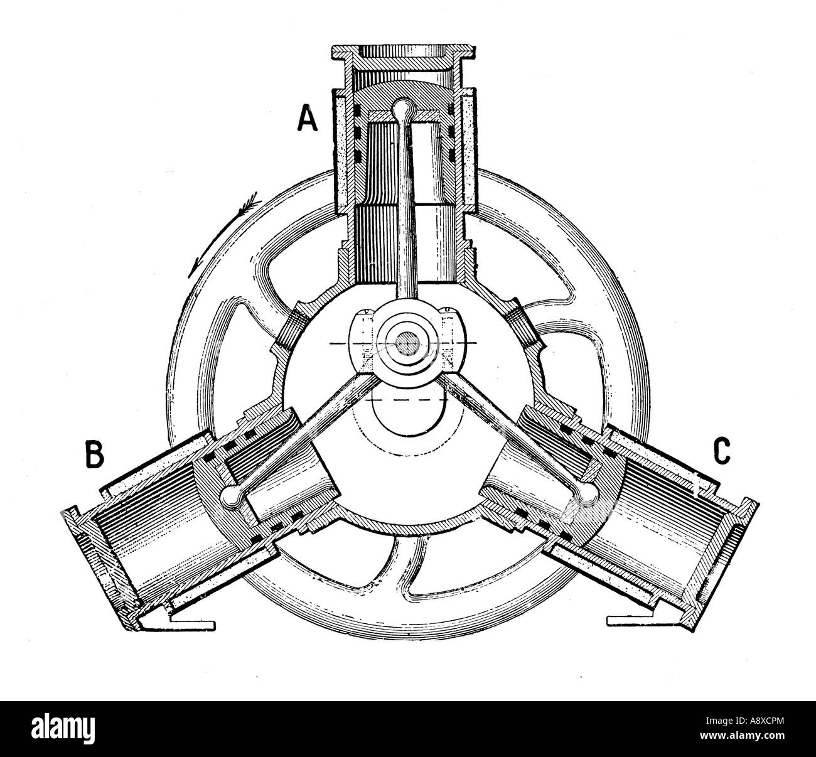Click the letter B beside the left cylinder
pos(94,455)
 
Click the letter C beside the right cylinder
pos(721,450)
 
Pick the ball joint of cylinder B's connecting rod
pos(230,497)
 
